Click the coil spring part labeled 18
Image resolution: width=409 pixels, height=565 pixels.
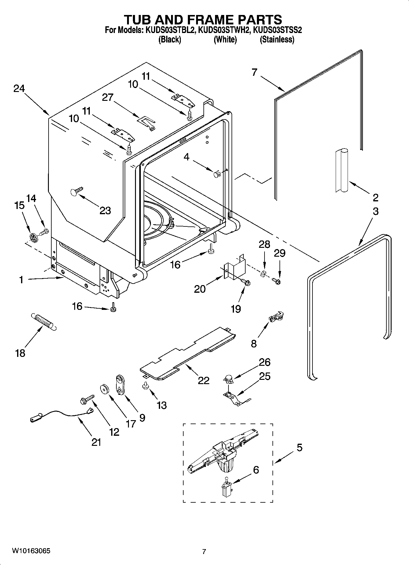pyautogui.click(x=43, y=321)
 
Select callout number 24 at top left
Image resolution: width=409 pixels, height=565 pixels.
pyautogui.click(x=19, y=89)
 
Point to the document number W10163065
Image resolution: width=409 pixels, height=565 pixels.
pyautogui.click(x=31, y=551)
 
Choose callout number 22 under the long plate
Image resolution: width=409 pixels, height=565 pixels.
pyautogui.click(x=203, y=380)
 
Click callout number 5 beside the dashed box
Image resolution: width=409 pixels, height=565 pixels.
pyautogui.click(x=299, y=448)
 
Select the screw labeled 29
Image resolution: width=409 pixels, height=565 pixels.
pyautogui.click(x=277, y=279)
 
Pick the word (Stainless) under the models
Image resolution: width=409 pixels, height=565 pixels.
pyautogui.click(x=277, y=40)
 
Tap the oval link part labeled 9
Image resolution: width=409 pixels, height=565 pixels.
pyautogui.click(x=121, y=386)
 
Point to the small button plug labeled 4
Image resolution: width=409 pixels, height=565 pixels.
pyautogui.click(x=216, y=175)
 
